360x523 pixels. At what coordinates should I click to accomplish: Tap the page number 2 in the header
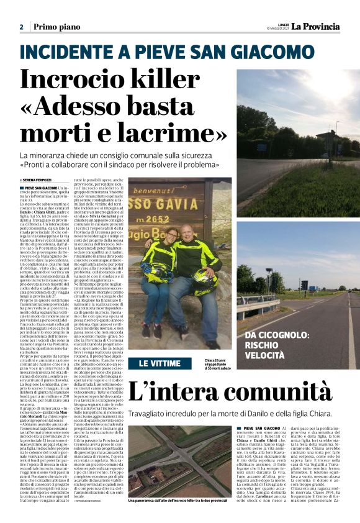click(21, 27)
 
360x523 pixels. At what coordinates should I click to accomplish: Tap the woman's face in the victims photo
click(172, 236)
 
